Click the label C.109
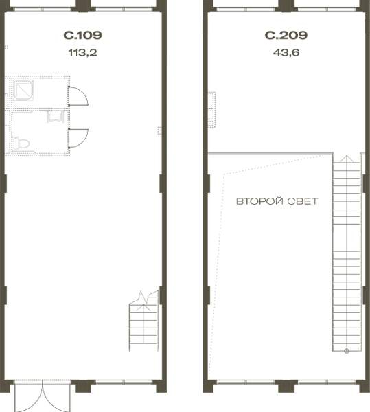82,35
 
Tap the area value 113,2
82,53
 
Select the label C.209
286,35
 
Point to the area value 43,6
286,53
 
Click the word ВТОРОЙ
259,201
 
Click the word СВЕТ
303,201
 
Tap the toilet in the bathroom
21,144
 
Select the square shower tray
23,90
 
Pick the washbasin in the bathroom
56,117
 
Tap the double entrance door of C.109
43,396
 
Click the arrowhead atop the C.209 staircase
347,158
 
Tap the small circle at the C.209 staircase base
347,350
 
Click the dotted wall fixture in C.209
211,110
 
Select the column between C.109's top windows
83,6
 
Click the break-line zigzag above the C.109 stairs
144,297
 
